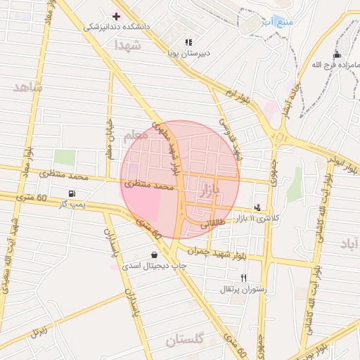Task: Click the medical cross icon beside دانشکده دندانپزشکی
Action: pyautogui.click(x=116, y=16)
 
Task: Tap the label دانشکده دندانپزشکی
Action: pyautogui.click(x=117, y=27)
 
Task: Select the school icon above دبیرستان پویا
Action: pyautogui.click(x=187, y=42)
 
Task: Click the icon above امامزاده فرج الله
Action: pyautogui.click(x=337, y=55)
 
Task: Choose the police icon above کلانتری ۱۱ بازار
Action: pyautogui.click(x=257, y=207)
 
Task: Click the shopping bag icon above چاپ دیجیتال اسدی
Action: pyautogui.click(x=154, y=255)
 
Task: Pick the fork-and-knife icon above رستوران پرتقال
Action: pyautogui.click(x=244, y=278)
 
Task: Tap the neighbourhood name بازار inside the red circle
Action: pyautogui.click(x=210, y=189)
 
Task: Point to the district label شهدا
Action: pyautogui.click(x=127, y=45)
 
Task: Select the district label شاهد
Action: pyautogui.click(x=27, y=87)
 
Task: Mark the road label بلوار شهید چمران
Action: pyautogui.click(x=219, y=252)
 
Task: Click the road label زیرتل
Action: pyautogui.click(x=39, y=331)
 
